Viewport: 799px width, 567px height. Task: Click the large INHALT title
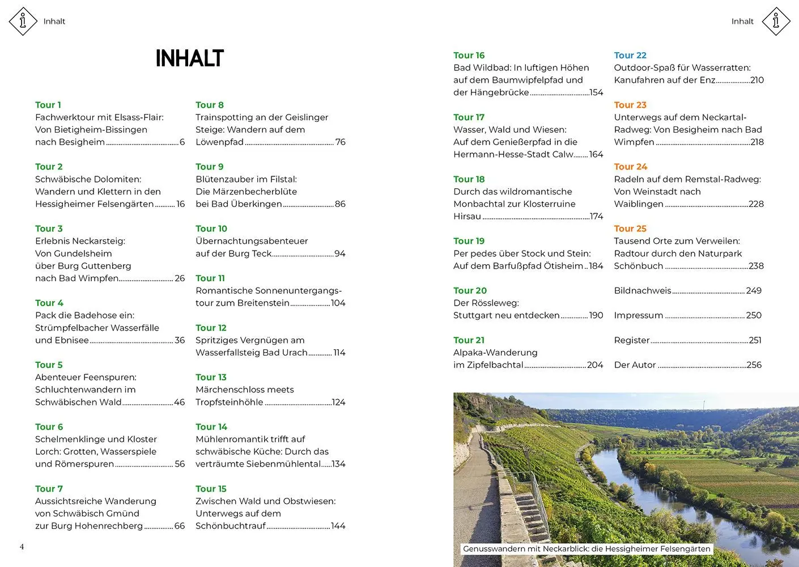click(189, 58)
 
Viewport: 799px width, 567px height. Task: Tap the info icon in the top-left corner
click(23, 22)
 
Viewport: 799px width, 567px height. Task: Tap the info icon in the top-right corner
click(776, 22)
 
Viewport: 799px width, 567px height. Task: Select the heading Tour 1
click(48, 105)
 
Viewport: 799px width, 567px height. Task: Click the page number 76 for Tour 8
click(340, 142)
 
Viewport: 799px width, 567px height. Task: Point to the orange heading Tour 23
click(630, 105)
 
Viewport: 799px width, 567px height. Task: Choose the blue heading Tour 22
click(630, 56)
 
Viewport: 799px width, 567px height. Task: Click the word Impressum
click(639, 315)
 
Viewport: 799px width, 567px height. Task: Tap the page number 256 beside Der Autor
click(754, 365)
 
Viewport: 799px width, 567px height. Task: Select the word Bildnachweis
click(643, 291)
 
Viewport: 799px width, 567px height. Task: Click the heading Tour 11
click(210, 278)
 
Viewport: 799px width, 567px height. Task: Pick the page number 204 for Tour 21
click(595, 365)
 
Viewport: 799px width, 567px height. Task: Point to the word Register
click(632, 340)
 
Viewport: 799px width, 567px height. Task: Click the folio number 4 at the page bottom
click(22, 547)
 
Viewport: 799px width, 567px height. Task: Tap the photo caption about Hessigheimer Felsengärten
click(586, 549)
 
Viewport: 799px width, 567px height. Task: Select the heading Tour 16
click(469, 56)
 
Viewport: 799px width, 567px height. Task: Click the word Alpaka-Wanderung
click(495, 353)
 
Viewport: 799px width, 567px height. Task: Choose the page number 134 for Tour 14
click(338, 464)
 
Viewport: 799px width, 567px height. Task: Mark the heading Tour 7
click(49, 489)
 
